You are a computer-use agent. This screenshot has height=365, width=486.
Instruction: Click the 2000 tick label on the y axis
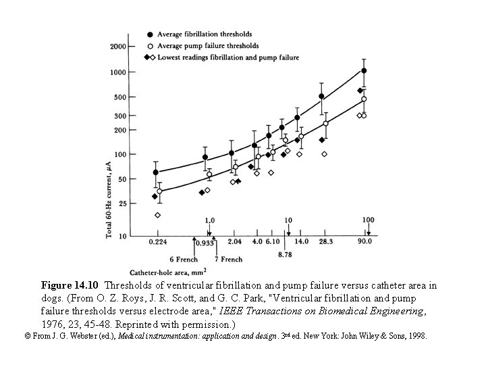coord(117,46)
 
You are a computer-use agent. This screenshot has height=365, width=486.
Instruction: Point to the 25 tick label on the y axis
coord(122,203)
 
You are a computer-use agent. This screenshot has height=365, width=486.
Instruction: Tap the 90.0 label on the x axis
coord(364,241)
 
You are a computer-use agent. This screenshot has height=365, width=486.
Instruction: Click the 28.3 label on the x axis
coord(325,241)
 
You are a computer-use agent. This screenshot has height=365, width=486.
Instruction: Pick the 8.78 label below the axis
coord(286,255)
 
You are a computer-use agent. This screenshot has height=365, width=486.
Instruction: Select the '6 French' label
coord(184,260)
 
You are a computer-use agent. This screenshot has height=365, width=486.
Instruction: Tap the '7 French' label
coord(228,260)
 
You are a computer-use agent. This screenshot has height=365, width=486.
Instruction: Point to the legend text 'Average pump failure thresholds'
coord(207,46)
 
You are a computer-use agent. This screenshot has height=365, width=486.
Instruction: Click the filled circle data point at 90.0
coord(364,70)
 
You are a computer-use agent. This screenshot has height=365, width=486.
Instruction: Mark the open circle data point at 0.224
coord(159,191)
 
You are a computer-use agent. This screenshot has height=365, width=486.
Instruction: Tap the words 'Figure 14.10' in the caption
coord(70,285)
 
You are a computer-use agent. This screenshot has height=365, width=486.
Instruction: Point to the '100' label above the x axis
coord(369,220)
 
